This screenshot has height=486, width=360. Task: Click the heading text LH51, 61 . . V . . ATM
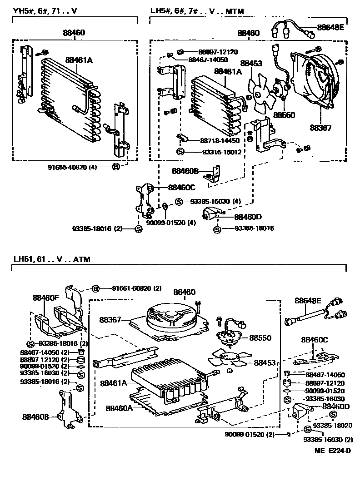[52, 259]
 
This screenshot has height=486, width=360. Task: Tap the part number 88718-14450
[220, 141]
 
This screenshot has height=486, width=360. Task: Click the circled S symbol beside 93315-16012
[180, 152]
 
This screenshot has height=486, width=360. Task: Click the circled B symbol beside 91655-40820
[115, 167]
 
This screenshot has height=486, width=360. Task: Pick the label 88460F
[46, 298]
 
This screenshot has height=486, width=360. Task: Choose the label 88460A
[119, 407]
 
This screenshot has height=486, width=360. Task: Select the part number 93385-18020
[331, 425]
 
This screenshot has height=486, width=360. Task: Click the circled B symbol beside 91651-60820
[96, 288]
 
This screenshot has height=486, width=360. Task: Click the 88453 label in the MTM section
[251, 64]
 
